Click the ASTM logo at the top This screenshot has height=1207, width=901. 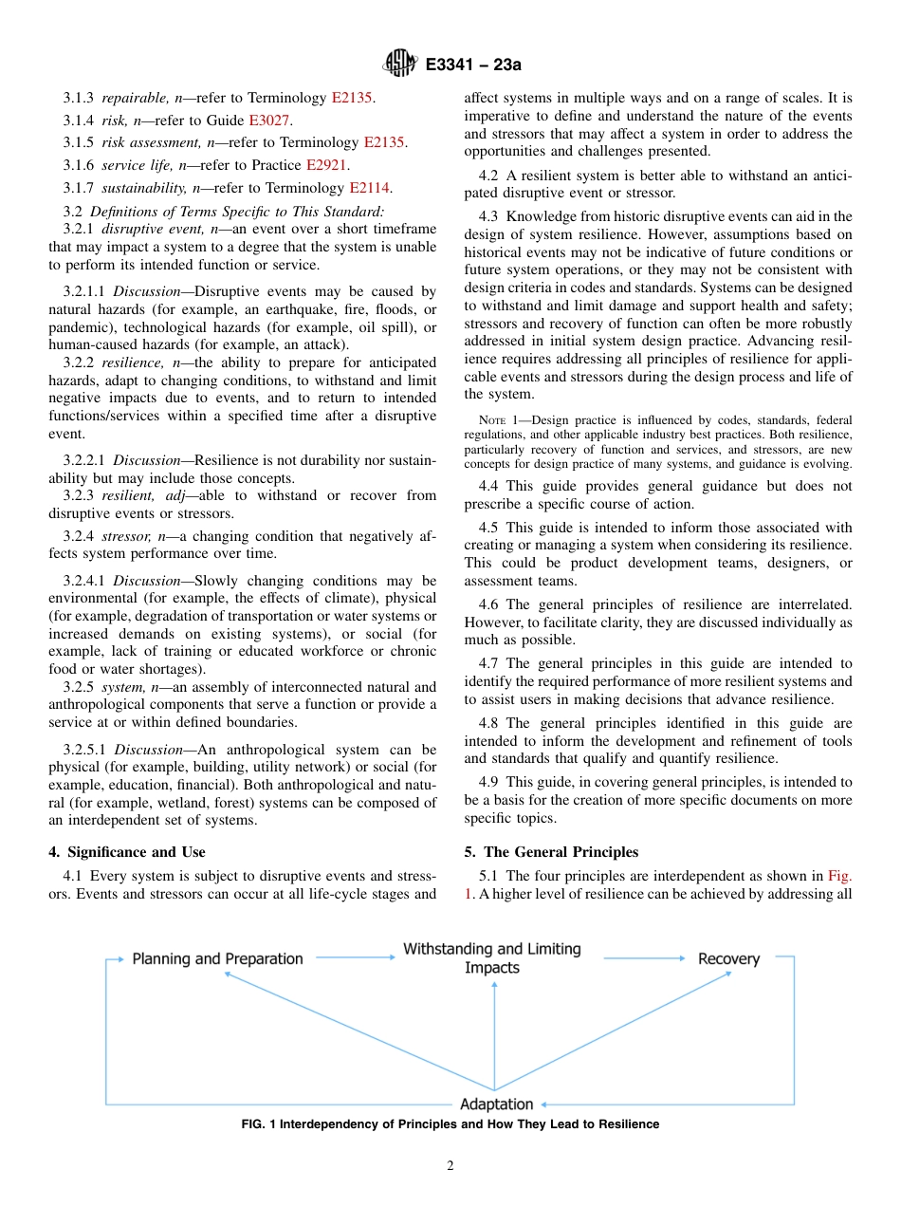coord(399,64)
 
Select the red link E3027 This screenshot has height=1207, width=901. coord(270,121)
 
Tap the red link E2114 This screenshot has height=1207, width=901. coord(371,188)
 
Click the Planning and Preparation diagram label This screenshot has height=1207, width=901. coord(217,958)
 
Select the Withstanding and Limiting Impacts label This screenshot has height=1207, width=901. coord(492,958)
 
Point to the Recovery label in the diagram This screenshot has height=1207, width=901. coord(728,958)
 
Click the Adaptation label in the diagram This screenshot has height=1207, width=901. coord(496,1104)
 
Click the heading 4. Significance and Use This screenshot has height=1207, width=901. coord(127,851)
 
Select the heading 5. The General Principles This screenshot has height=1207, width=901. coord(551,851)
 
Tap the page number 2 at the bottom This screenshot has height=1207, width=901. coord(450,1166)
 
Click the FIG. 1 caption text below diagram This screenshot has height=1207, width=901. coord(450,1124)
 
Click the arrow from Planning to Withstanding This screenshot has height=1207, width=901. coord(355,958)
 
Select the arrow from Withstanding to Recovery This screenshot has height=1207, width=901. coord(643,958)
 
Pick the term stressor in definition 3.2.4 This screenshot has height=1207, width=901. coord(127,535)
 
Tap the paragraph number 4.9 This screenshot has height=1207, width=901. coord(490,782)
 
